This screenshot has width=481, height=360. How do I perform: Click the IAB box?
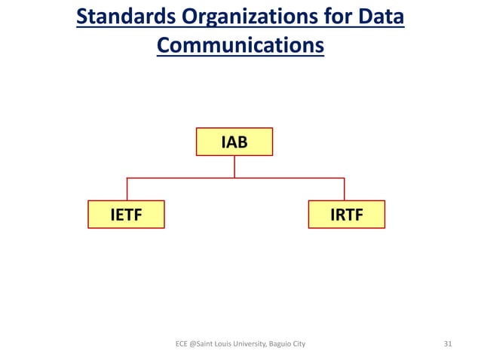234,141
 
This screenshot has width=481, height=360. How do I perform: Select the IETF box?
126,215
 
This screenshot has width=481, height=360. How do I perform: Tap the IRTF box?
347,215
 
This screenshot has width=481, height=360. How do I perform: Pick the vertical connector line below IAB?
234,166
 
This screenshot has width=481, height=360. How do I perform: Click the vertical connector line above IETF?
127,189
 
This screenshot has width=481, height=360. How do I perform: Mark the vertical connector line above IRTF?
345,189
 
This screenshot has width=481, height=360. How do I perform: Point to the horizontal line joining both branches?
181,178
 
